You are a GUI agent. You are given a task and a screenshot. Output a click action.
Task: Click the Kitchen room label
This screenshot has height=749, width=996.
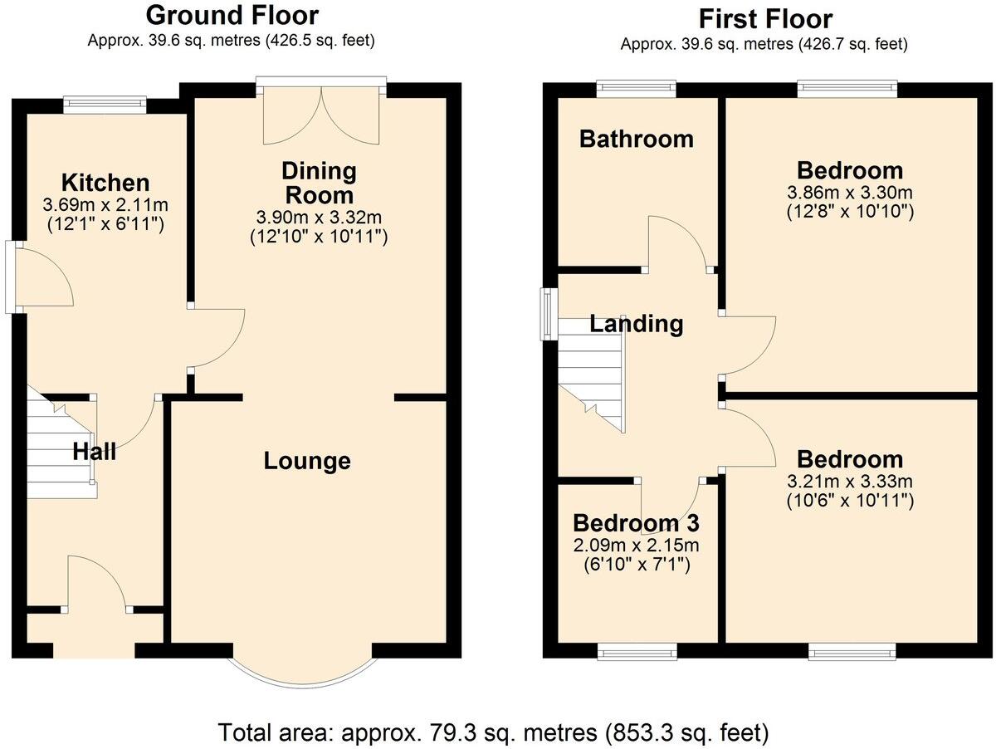[x=105, y=183]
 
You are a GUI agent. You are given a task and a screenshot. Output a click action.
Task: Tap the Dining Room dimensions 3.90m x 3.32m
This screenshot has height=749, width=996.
[x=320, y=218]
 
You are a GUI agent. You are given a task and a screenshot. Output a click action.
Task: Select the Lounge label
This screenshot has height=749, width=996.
[x=307, y=461]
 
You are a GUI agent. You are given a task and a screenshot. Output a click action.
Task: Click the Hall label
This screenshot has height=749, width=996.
[x=94, y=452]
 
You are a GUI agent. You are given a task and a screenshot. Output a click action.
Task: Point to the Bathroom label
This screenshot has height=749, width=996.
[x=636, y=139]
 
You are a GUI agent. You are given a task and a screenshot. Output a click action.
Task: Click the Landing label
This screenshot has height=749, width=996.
[x=637, y=323]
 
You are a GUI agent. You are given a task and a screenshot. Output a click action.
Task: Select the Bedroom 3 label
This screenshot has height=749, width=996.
[x=636, y=523]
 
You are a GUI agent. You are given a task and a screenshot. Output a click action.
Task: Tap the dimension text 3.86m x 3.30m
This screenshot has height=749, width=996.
[x=850, y=193]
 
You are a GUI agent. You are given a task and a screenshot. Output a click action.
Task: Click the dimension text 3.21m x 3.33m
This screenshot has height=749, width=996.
[x=850, y=482]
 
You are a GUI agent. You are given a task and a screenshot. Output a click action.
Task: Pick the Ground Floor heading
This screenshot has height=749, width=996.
[x=232, y=15]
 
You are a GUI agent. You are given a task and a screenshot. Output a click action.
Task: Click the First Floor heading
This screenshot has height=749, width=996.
[x=764, y=18]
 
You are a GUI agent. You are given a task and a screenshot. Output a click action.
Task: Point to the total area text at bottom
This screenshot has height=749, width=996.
[x=494, y=733]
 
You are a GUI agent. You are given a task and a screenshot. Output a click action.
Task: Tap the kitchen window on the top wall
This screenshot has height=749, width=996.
[x=105, y=104]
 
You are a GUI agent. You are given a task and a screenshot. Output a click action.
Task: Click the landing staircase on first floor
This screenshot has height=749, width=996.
[x=590, y=374]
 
